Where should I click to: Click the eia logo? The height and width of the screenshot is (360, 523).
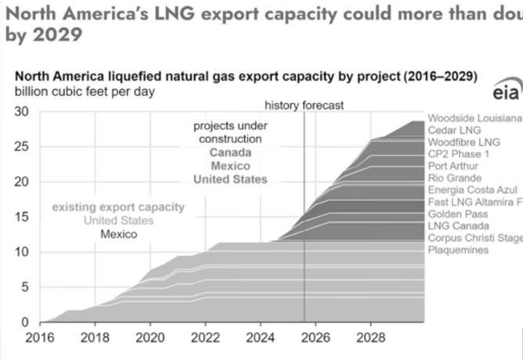pos(506,93)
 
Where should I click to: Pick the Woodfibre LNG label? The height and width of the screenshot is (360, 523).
pos(463,142)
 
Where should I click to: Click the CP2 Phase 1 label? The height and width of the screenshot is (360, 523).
pos(460,154)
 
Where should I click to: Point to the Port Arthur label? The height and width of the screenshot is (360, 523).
pos(453,166)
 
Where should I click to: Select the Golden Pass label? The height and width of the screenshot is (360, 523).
pos(455,214)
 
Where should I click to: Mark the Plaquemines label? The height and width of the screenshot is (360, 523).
pos(456,250)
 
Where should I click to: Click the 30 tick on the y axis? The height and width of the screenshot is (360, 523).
pos(23,112)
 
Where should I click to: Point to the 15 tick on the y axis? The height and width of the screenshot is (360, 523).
pos(23,217)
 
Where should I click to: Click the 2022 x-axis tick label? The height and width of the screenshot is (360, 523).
pos(204,338)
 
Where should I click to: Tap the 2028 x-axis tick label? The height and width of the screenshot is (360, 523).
pos(370,338)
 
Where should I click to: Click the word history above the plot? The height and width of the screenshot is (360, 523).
pos(282,106)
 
